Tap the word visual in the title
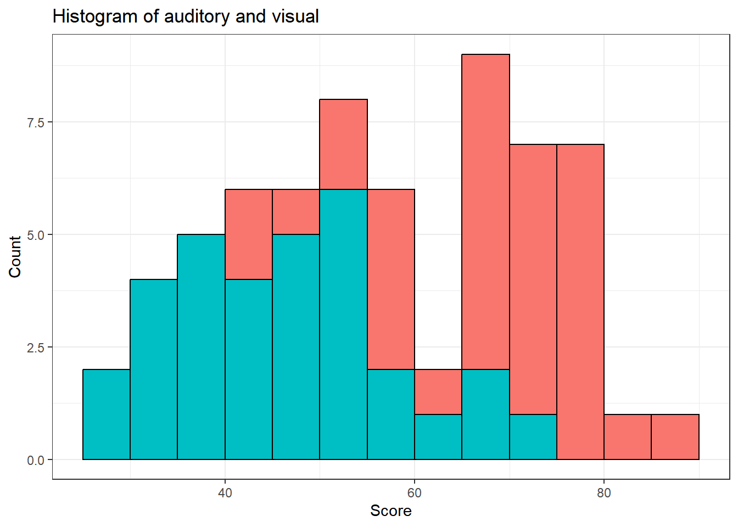point(298,16)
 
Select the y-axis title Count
point(15,256)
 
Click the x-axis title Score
point(390,511)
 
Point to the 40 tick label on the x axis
point(225,493)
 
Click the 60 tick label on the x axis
point(414,493)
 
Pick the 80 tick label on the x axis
point(603,493)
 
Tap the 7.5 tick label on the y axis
point(36,122)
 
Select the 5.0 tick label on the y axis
point(36,235)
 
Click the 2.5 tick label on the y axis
point(36,347)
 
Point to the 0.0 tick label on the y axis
point(36,460)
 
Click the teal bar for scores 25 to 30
point(107,414)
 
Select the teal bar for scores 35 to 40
point(201,347)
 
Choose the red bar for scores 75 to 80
point(580,302)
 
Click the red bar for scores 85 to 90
point(675,437)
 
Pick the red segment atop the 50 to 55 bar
point(343,144)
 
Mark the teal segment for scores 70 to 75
point(533,437)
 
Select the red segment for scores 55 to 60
point(390,279)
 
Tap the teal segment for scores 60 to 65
point(438,437)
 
